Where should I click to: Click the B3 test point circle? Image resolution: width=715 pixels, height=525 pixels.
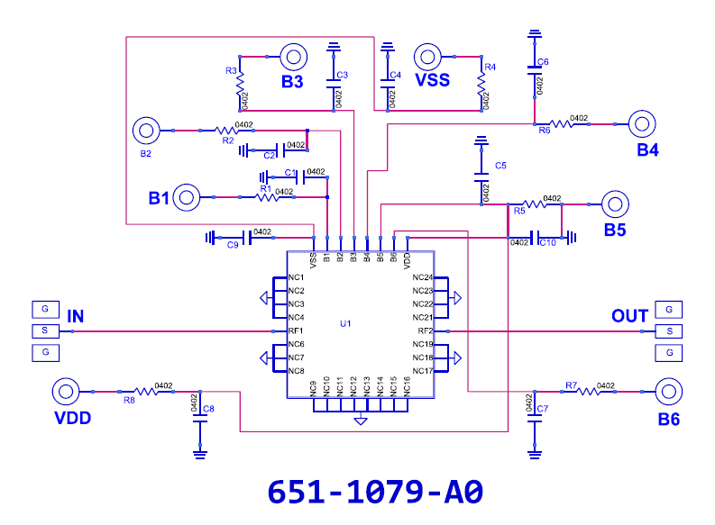point(294,57)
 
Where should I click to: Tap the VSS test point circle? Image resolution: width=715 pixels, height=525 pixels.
point(427,57)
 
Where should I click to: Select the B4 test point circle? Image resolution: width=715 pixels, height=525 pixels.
point(642,124)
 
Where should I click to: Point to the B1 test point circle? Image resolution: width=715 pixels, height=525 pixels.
point(187,197)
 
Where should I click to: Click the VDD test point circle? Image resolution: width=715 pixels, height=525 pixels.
point(66,392)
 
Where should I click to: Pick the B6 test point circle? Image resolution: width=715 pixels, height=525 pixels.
point(669,392)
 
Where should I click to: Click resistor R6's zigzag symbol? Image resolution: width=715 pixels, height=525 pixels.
point(562,124)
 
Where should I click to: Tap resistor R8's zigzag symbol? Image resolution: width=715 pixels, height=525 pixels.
point(146,392)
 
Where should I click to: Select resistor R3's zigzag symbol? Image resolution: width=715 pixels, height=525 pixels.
point(241,84)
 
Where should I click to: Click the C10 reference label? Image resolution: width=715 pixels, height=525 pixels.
point(547,243)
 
